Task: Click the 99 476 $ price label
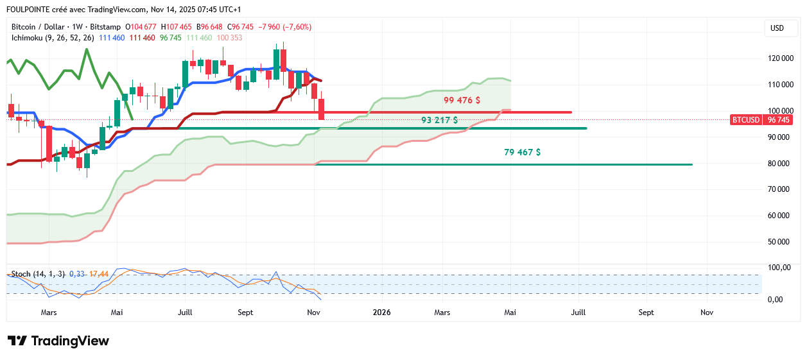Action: tap(462, 100)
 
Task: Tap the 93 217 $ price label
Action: tap(439, 120)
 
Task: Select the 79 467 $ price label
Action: tap(522, 152)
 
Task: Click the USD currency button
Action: tap(777, 28)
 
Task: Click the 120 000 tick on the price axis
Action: tap(781, 58)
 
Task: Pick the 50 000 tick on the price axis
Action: tap(781, 242)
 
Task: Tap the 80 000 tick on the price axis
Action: tap(781, 164)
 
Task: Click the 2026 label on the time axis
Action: tap(382, 313)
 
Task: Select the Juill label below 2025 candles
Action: tap(185, 313)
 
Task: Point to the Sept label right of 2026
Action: tap(646, 313)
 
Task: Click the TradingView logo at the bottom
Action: tap(58, 341)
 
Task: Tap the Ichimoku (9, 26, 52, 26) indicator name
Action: tap(53, 38)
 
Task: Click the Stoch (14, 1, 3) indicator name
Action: tap(38, 274)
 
